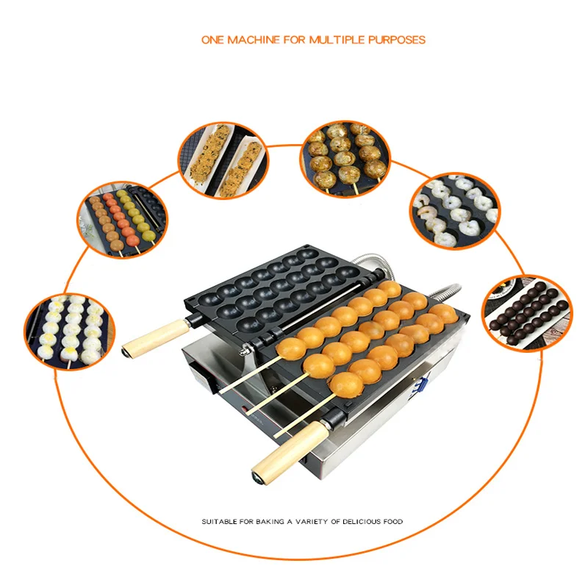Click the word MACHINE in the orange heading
[254, 40]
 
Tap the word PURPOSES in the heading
[397, 40]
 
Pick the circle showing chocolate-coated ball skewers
[527, 314]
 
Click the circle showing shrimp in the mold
[455, 211]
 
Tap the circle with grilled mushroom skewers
[345, 159]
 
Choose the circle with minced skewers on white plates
[223, 160]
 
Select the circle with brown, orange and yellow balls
[123, 220]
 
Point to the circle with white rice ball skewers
[70, 331]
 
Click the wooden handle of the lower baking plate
[290, 452]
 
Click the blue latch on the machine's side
[422, 386]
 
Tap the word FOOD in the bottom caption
[393, 521]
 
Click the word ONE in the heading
[213, 40]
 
